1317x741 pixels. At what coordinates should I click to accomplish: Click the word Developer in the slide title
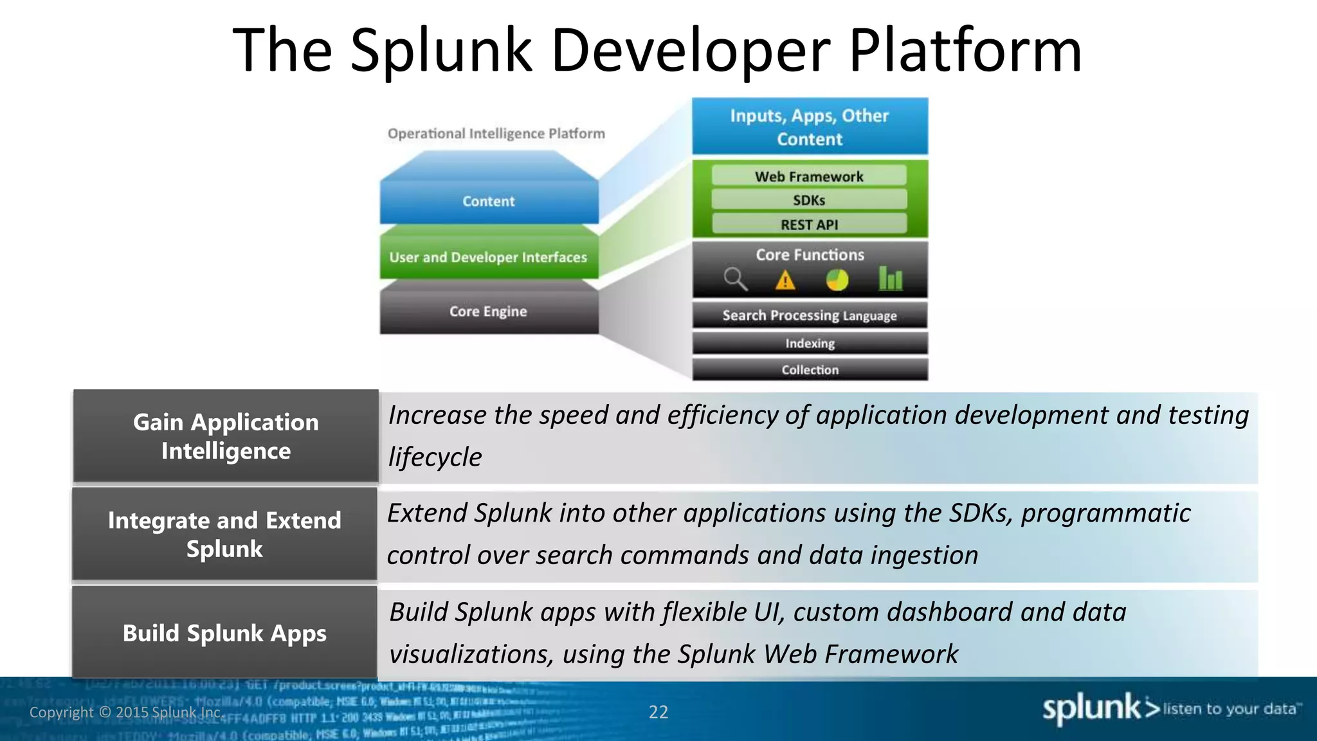[691, 51]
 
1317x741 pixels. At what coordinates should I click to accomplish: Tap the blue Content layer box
[489, 201]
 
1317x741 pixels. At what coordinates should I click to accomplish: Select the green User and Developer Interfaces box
[489, 257]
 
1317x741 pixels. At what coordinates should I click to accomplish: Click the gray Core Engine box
[489, 311]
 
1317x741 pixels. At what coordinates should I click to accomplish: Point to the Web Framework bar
[809, 176]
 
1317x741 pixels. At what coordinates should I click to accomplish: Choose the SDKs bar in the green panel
[809, 200]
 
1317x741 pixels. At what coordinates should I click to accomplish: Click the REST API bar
[809, 224]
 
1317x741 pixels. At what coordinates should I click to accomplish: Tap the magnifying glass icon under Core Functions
[734, 280]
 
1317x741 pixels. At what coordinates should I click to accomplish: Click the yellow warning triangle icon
[785, 281]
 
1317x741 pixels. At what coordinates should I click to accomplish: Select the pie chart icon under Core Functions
[837, 280]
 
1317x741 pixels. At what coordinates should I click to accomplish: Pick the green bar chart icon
[891, 279]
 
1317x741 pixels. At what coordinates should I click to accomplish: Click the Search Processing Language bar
[810, 315]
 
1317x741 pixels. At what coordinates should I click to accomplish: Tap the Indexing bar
[810, 343]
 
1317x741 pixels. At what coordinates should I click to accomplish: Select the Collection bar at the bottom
[810, 370]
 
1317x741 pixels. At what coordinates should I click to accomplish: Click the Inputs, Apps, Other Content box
[810, 127]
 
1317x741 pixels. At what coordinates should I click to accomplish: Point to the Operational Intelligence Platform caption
[496, 134]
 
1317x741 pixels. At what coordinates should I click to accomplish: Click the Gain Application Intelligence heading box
[226, 436]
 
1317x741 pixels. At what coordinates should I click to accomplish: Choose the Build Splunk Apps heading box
[224, 633]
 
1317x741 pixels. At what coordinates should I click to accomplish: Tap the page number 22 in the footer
[658, 712]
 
